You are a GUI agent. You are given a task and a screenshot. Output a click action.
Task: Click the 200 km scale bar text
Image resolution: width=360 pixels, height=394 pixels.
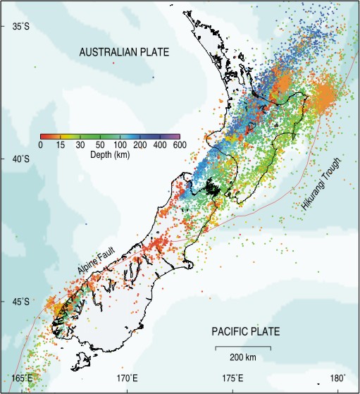(x=242, y=357)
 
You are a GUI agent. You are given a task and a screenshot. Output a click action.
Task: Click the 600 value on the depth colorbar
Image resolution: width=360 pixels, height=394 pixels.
(x=179, y=145)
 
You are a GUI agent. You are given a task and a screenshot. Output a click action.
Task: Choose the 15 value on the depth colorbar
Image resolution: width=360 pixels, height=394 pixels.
(x=61, y=145)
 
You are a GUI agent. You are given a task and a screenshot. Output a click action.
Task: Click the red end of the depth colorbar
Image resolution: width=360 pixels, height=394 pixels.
(x=44, y=137)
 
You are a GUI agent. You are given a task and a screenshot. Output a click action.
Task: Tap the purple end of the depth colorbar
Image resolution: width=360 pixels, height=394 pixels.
(x=177, y=137)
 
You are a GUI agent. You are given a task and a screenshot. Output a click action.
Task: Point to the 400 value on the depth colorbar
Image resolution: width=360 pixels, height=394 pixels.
(x=159, y=145)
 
